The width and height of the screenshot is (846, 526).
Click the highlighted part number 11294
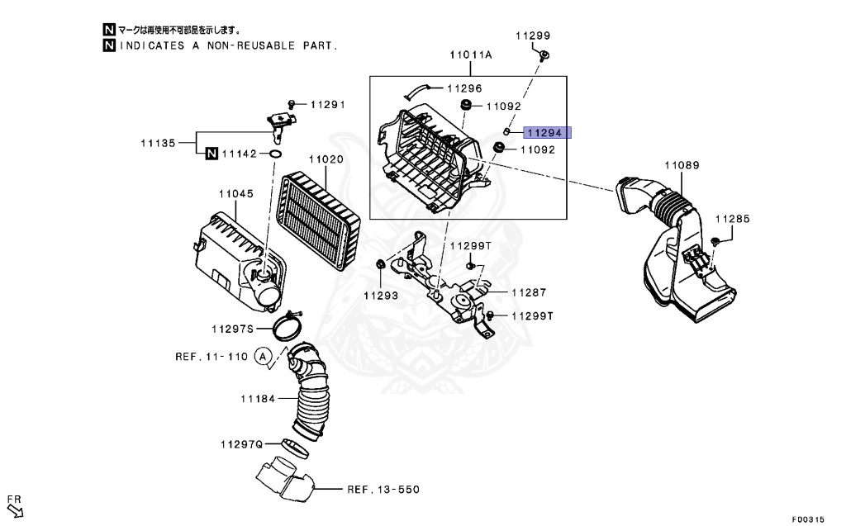545,132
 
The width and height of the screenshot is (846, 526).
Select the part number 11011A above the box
470,55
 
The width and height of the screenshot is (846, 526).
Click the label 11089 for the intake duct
682,166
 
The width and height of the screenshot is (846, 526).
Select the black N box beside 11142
211,154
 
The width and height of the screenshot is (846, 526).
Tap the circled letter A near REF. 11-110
263,357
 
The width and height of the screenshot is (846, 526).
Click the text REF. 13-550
383,490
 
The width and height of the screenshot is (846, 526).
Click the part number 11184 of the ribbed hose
257,400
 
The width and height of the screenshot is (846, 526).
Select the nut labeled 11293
380,264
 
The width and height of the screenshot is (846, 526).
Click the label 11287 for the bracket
529,292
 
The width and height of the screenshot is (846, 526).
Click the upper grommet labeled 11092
465,106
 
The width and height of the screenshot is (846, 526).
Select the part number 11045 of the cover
235,194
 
